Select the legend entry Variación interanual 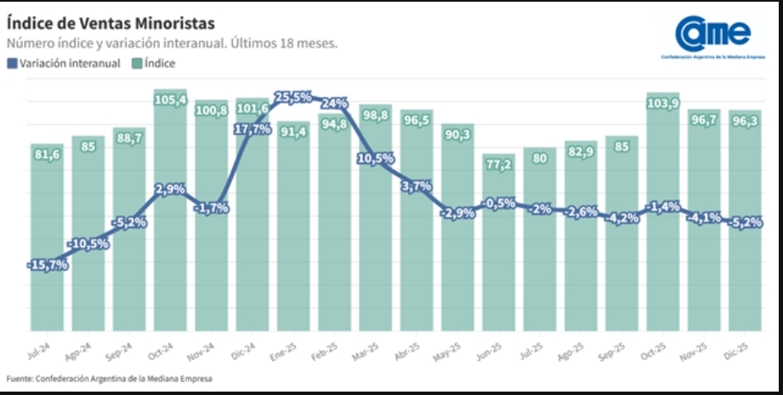pyautogui.click(x=63, y=63)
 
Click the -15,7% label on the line pyautogui.click(x=48, y=265)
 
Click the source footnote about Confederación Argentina pyautogui.click(x=108, y=378)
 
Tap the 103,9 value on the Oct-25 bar pyautogui.click(x=664, y=102)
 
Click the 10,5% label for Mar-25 pyautogui.click(x=376, y=158)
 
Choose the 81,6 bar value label pyautogui.click(x=48, y=154)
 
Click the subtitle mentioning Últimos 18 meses pyautogui.click(x=172, y=43)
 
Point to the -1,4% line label pyautogui.click(x=663, y=206)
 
